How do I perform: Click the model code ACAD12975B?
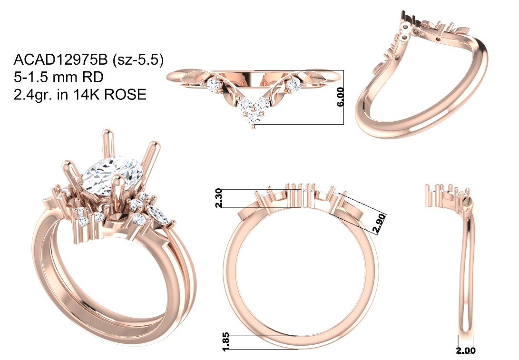pyautogui.click(x=60, y=60)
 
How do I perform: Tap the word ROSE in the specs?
pyautogui.click(x=125, y=95)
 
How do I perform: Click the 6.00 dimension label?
pyautogui.click(x=340, y=97)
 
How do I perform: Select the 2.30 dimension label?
pyautogui.click(x=219, y=198)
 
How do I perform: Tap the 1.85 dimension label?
pyautogui.click(x=226, y=342)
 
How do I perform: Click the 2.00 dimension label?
pyautogui.click(x=466, y=350)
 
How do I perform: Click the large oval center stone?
pyautogui.click(x=113, y=175)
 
